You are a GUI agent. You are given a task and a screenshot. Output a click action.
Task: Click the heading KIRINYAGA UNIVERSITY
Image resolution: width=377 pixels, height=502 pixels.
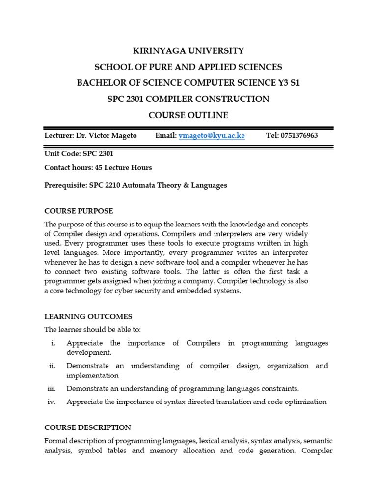[x=188, y=51]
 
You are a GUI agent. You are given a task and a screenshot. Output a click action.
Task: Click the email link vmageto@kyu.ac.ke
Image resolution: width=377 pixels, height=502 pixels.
[x=212, y=136]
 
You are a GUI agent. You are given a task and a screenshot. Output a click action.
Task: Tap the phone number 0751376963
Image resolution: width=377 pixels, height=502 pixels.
[x=299, y=136]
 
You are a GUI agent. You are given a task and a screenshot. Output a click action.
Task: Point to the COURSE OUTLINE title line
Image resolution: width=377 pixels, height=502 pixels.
[x=188, y=115]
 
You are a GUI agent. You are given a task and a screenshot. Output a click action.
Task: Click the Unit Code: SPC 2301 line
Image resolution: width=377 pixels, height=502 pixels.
[x=79, y=154]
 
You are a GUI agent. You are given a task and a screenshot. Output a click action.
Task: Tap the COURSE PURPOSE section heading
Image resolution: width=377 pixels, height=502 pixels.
[x=79, y=211]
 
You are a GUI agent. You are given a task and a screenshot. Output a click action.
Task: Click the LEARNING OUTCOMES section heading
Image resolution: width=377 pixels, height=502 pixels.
[x=88, y=317]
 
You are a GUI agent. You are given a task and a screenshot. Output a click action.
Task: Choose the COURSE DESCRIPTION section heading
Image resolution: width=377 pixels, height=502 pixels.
[x=87, y=427]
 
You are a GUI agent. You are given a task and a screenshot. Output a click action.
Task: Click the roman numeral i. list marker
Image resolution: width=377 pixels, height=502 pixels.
[x=53, y=343]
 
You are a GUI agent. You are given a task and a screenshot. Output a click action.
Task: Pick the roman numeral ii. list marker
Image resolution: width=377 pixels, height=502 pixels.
[x=53, y=366]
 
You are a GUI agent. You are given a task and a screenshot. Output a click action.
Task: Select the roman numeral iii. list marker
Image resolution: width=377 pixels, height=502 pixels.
[x=52, y=389]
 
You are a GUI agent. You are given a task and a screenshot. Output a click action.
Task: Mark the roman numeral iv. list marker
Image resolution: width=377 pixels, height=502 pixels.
[x=52, y=402]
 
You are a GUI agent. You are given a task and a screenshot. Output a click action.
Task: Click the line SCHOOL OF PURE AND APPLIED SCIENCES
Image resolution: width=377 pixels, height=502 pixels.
[x=188, y=67]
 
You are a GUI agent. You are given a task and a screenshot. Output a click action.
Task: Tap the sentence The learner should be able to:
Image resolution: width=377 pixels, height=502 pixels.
[x=92, y=330]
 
